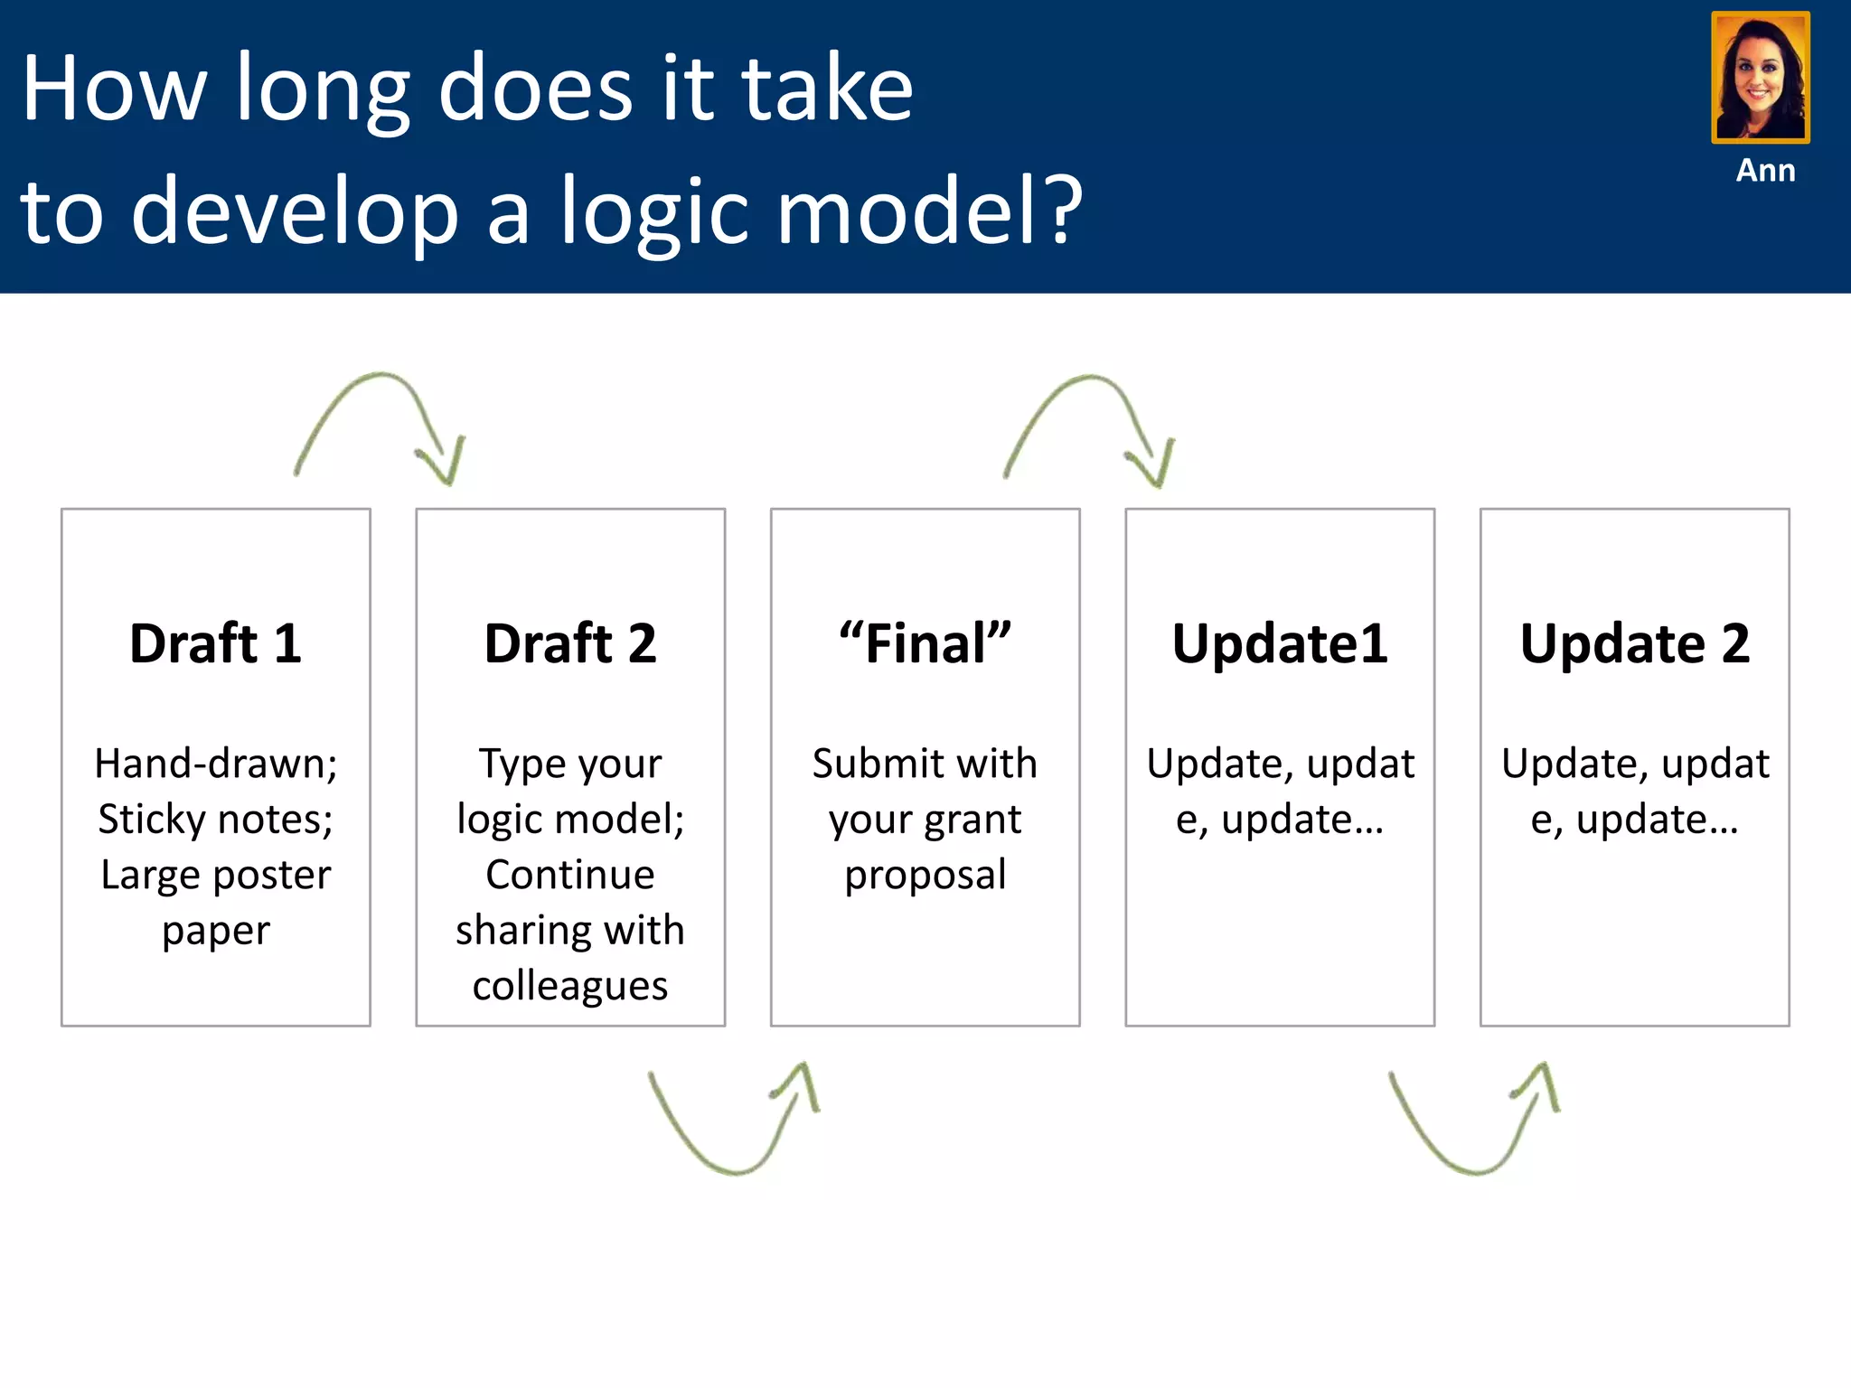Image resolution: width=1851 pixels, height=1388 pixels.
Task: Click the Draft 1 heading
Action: [x=215, y=643]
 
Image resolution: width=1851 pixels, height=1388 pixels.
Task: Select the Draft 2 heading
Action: [x=570, y=643]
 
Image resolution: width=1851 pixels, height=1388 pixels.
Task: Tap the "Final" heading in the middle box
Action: [x=925, y=643]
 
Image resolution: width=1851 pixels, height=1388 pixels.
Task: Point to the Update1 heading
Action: [x=1280, y=643]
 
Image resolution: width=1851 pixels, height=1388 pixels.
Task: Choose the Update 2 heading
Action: [x=1634, y=643]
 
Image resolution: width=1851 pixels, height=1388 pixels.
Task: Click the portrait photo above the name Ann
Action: [x=1760, y=78]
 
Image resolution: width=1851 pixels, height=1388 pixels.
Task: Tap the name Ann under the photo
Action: [x=1765, y=170]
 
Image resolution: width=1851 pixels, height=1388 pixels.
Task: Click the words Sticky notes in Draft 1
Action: [x=215, y=820]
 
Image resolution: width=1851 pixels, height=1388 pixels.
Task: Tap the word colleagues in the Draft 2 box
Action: [x=570, y=986]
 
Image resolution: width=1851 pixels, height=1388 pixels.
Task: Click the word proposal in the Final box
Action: [x=925, y=875]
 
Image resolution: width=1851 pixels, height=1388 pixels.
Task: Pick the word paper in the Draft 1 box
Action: [x=215, y=931]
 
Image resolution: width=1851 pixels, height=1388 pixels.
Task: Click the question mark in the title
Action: [x=1056, y=210]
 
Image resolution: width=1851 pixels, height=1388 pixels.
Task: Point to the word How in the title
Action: [x=114, y=88]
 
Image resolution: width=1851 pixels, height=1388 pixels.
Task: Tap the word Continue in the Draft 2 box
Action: [x=570, y=875]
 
